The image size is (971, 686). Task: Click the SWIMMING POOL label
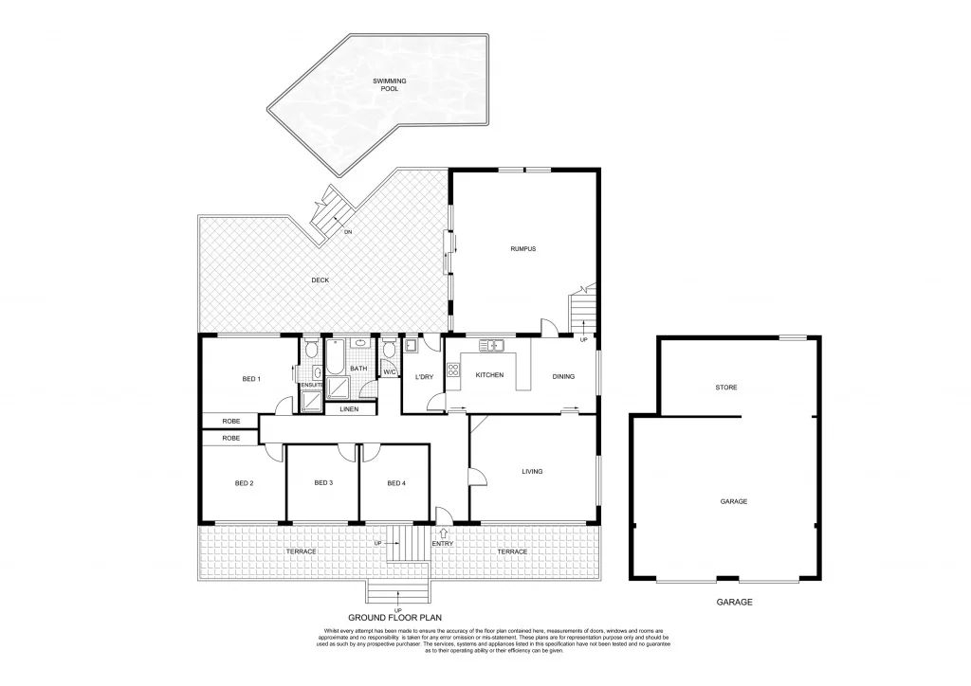(x=389, y=85)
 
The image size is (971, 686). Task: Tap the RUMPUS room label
(x=522, y=249)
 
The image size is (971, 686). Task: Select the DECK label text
(x=320, y=280)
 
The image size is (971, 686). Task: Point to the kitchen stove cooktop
(x=452, y=370)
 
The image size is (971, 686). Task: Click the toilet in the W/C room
(x=389, y=350)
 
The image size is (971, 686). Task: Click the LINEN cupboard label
(x=349, y=409)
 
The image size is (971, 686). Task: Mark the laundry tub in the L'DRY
(x=411, y=347)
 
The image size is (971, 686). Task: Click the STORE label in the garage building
(x=726, y=388)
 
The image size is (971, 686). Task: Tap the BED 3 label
(x=323, y=483)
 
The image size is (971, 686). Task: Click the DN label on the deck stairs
(x=348, y=232)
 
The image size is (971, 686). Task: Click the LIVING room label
(x=532, y=471)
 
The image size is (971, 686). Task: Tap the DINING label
(x=563, y=377)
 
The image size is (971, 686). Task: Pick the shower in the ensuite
(x=311, y=400)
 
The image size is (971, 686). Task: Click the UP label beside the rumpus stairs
(x=583, y=339)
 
